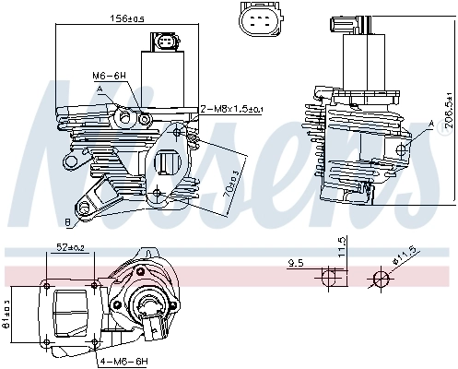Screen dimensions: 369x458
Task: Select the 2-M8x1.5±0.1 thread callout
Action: click(x=232, y=109)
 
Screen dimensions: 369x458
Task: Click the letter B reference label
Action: click(x=68, y=222)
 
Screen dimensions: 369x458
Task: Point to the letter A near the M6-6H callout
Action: click(x=98, y=89)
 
